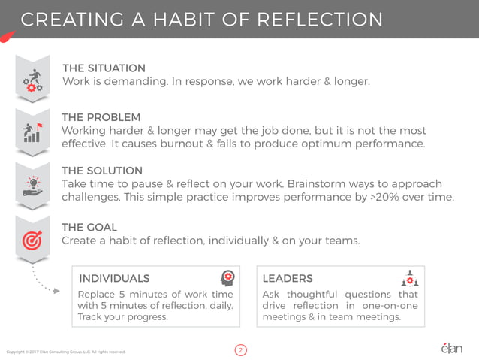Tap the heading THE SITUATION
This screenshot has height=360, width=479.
(104, 68)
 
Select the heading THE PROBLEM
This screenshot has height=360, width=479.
(101, 117)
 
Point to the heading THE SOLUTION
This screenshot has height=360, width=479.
(102, 171)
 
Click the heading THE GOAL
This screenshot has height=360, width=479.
(89, 227)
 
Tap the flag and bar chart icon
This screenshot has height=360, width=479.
(32, 132)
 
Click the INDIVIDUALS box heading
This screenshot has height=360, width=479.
(115, 279)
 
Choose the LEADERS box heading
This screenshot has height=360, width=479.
(288, 279)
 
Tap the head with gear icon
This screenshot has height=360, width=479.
(227, 277)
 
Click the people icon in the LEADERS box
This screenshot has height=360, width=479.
(410, 279)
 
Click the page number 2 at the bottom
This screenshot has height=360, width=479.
(240, 349)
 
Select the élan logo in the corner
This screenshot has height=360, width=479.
(450, 348)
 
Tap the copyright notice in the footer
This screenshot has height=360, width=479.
(65, 351)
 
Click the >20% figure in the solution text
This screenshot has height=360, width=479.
(392, 198)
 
